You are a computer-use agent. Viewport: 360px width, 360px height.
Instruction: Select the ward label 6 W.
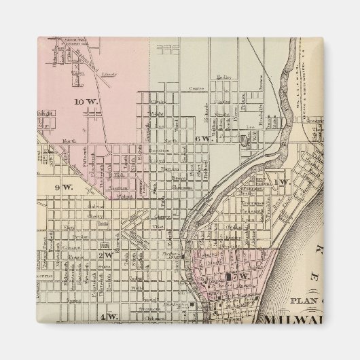(x=202, y=138)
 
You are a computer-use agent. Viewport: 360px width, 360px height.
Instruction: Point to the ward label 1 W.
(x=282, y=182)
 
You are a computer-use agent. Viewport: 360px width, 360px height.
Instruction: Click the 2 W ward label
(x=105, y=255)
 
